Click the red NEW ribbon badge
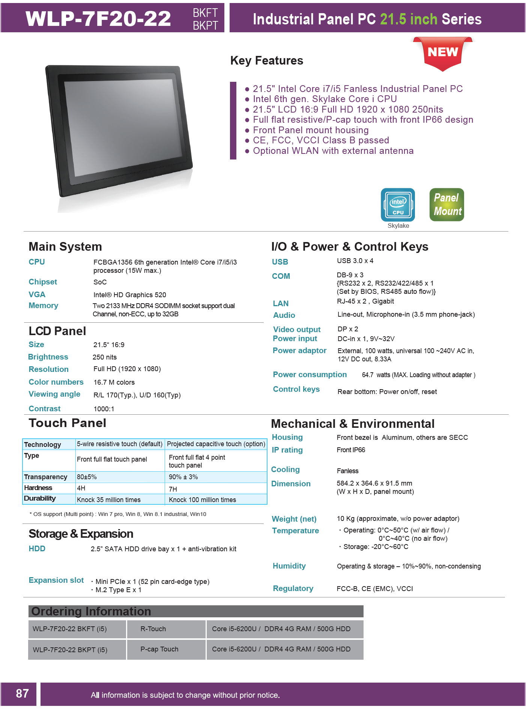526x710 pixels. pos(443,53)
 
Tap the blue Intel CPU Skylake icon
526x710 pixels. pos(398,205)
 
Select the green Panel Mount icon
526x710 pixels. pos(446,205)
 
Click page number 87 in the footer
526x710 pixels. pos(22,693)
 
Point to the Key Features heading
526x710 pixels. pos(266,60)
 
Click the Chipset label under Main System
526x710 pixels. pos(43,282)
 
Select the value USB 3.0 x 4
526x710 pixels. pos(355,261)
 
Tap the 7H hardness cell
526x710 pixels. pos(173,489)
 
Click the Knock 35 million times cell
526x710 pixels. pos(109,500)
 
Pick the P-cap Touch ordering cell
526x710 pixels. pos(159,649)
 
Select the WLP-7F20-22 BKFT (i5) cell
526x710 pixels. pos(70,629)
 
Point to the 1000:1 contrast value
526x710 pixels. pos(104,409)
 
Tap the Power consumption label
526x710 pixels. pos(310,375)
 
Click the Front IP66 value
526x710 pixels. pos(351,450)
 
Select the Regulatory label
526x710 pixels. pos(293,588)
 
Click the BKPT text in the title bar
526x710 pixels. pos(205,26)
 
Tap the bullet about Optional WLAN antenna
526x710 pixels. pos(333,151)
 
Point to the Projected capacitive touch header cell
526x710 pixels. pos(216,444)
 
